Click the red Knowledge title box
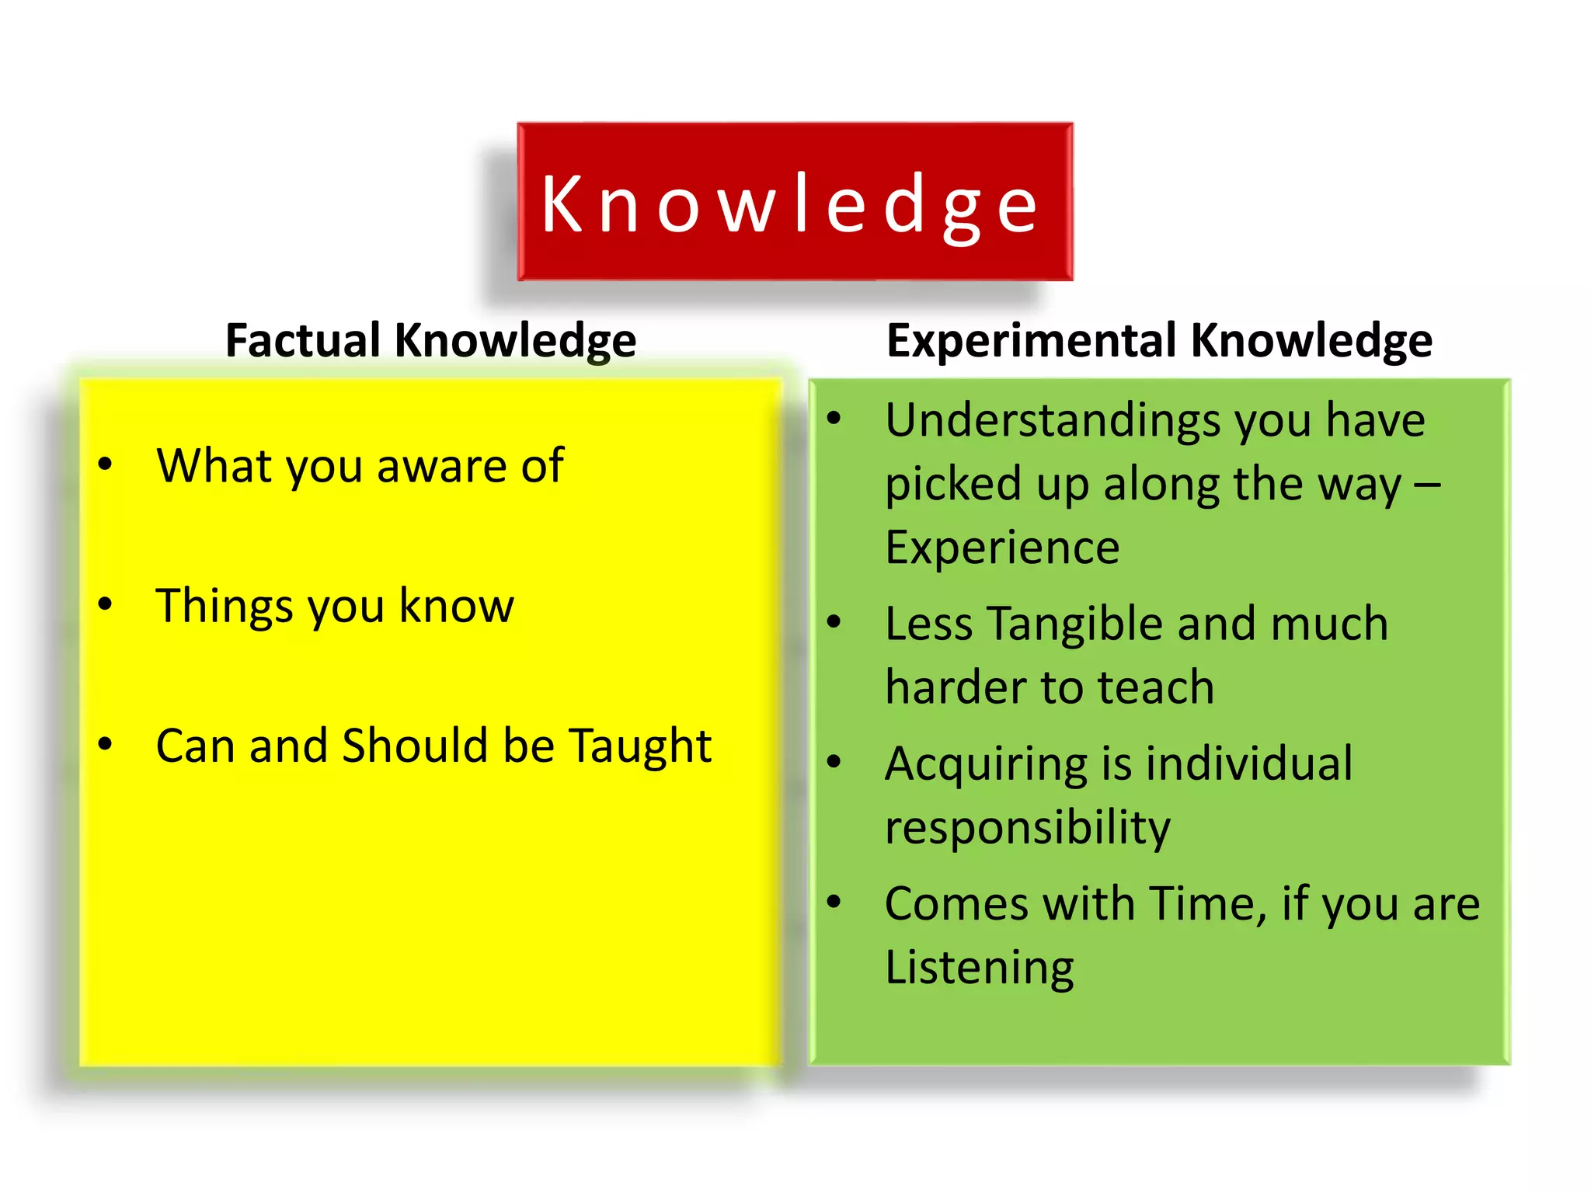coord(795,201)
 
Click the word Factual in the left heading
coord(303,340)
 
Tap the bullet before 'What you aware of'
coord(106,464)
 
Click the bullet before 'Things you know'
coord(106,604)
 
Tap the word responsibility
coord(1027,829)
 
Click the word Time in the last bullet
coord(1207,904)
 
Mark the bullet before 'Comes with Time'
coord(834,902)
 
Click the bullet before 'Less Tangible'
coord(834,621)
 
